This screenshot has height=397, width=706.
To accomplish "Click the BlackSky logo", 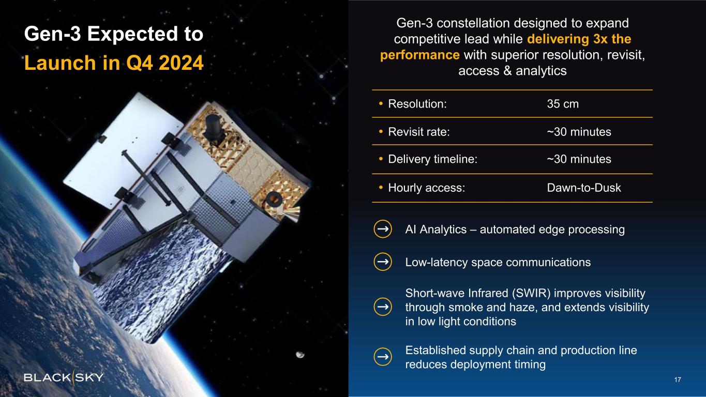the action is tap(64, 377).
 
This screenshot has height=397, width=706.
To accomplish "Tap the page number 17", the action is tap(678, 379).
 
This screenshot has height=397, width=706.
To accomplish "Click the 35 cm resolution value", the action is tap(563, 104).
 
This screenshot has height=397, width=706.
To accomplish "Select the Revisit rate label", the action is tap(419, 132).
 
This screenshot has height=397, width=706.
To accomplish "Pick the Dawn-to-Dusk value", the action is tap(584, 188).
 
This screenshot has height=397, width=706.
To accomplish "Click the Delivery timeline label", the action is tap(433, 159).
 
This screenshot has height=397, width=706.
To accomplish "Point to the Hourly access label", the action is tap(427, 188).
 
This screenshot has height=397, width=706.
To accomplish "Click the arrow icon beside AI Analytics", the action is tap(383, 229).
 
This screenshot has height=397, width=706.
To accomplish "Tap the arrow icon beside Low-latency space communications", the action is tap(383, 262).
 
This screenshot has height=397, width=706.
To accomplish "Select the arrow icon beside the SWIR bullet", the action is tap(383, 307).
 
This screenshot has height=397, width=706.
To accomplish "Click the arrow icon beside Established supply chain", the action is tap(383, 357).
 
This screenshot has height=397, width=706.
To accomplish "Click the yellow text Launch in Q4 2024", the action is tap(114, 63).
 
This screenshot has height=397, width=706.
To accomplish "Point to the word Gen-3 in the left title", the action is tap(53, 34).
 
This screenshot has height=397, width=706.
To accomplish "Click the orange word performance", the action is tap(420, 55).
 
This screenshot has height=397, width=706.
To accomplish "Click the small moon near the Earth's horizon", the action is tap(300, 355).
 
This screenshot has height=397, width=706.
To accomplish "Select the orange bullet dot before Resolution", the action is tap(381, 104).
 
